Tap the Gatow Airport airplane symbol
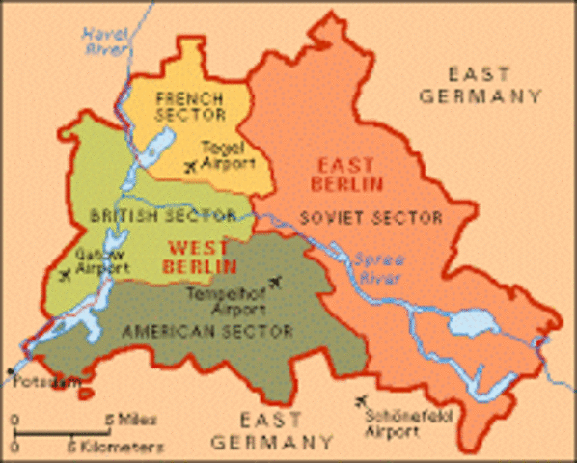coord(64,275)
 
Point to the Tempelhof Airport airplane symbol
coord(277,282)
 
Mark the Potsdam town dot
coord(12,370)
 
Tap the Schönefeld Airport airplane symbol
coord(362,399)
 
